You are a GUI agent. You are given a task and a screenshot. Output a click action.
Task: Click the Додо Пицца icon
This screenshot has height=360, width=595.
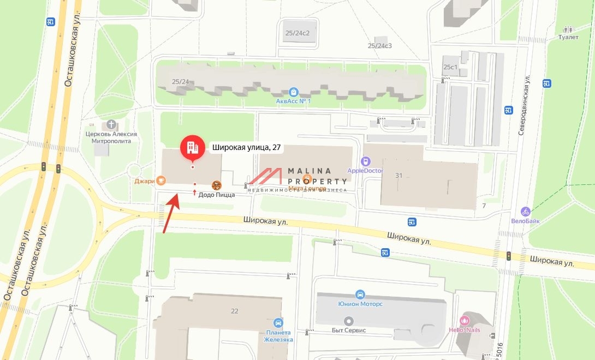[217, 185]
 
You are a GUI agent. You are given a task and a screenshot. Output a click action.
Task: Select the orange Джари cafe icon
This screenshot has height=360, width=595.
[160, 181]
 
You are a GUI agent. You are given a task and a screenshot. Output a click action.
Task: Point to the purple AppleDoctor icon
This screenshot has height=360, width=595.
[365, 161]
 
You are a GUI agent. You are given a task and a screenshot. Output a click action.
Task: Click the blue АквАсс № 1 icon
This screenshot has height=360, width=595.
[294, 92]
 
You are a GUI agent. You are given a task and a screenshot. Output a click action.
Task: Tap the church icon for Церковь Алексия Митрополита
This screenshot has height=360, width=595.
[111, 124]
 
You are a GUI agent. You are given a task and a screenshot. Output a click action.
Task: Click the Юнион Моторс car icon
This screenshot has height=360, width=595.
[360, 294]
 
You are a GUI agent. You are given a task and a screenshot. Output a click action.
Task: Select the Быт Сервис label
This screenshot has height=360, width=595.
[349, 330]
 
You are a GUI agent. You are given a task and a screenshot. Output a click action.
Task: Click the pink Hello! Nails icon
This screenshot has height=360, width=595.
[465, 320]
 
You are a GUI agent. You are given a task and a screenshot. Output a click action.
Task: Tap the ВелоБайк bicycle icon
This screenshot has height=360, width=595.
[526, 211]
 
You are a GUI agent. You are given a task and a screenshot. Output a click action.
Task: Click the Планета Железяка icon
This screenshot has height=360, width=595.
[279, 322]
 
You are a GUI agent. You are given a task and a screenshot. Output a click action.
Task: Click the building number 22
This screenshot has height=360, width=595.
[235, 311]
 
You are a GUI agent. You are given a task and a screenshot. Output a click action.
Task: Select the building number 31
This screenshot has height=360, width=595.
[398, 175]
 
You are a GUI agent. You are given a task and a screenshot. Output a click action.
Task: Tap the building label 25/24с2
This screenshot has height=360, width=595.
[297, 33]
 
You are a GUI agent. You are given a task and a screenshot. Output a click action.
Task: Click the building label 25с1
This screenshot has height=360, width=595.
[450, 67]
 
